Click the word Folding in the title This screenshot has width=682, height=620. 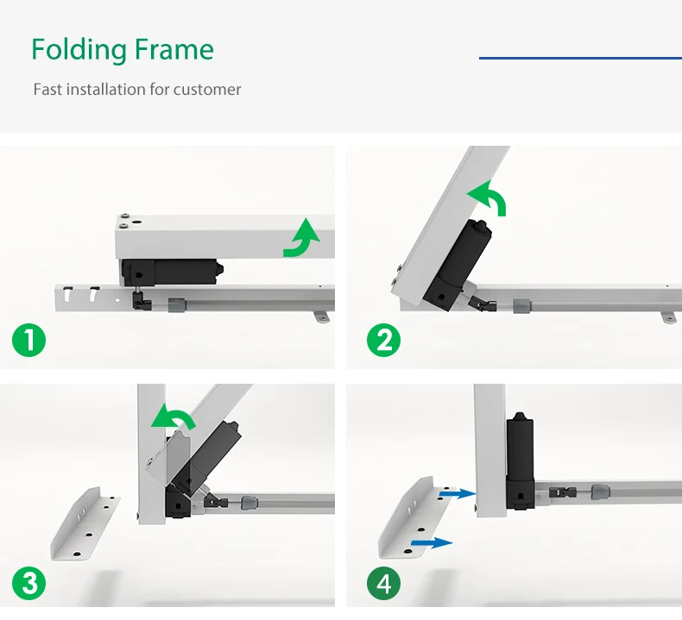click(x=79, y=49)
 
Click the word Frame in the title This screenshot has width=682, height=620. click(x=174, y=49)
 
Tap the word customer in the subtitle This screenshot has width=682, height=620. click(x=207, y=90)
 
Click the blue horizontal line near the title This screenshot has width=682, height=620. click(x=580, y=58)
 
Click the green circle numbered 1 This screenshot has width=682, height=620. click(x=28, y=341)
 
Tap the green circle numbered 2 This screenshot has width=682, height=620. click(x=383, y=341)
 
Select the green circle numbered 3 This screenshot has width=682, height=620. click(x=28, y=583)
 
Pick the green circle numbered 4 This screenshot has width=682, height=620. click(x=383, y=583)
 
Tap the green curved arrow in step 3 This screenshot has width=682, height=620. click(x=172, y=417)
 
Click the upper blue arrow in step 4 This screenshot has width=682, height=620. click(x=458, y=493)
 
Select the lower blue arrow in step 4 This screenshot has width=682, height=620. click(x=432, y=542)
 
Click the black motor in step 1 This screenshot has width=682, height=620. click(x=172, y=272)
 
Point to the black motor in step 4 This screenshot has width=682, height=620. click(x=521, y=460)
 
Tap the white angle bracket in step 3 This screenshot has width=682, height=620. click(x=85, y=524)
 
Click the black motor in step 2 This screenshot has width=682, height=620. click(x=457, y=265)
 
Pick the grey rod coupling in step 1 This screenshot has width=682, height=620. click(x=176, y=305)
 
